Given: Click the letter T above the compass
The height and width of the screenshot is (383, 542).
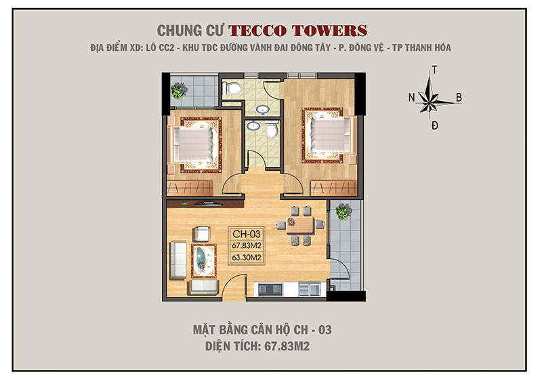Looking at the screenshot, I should [434, 70].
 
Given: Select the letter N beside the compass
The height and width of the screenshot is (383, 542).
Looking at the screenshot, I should [411, 98].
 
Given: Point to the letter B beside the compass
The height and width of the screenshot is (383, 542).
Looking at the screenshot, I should [459, 98].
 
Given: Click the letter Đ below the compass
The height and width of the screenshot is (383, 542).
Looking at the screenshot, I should [434, 126].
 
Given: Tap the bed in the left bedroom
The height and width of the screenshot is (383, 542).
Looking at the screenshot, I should [194, 143].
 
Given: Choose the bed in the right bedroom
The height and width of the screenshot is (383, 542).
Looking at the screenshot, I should [328, 135].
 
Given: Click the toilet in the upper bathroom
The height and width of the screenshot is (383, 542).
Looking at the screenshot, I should [232, 87].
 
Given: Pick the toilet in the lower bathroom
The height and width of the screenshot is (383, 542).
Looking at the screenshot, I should [273, 130].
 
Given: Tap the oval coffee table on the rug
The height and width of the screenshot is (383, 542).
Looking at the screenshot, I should [203, 259].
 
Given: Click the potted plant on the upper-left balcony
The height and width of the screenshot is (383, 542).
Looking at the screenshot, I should [179, 89].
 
